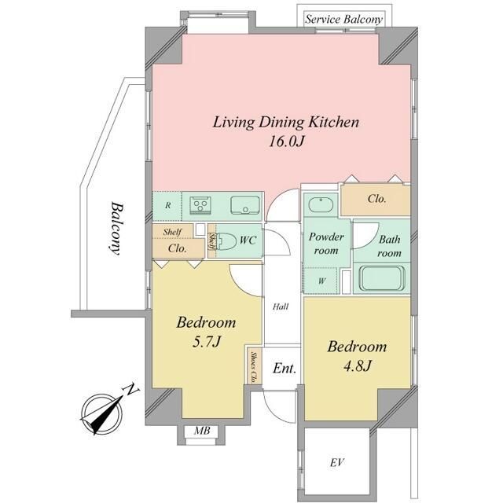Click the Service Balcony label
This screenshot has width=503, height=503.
pyautogui.click(x=343, y=19)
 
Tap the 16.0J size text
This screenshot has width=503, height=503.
pyautogui.click(x=285, y=141)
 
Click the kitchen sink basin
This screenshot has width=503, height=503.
pyautogui.click(x=245, y=205)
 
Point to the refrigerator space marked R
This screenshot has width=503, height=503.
pyautogui.click(x=167, y=206)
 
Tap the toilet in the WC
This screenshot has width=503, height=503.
pyautogui.click(x=226, y=241)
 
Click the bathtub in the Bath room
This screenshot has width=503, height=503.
pyautogui.click(x=382, y=277)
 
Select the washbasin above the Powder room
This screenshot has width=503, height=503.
pyautogui.click(x=321, y=204)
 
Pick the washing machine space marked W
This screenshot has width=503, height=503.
pyautogui.click(x=321, y=281)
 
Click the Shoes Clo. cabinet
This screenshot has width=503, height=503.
pyautogui.click(x=254, y=366)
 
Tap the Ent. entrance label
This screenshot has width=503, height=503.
pyautogui.click(x=285, y=369)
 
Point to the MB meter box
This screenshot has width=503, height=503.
pyautogui.click(x=202, y=431)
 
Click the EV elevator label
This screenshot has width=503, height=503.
pyautogui.click(x=337, y=463)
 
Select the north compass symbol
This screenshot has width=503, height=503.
pyautogui.click(x=103, y=412)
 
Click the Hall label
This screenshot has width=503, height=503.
pyautogui.click(x=281, y=307)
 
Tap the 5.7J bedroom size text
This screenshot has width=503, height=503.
pyautogui.click(x=206, y=342)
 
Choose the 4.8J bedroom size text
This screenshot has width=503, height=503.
pyautogui.click(x=357, y=365)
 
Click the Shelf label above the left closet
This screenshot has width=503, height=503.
pyautogui.click(x=172, y=232)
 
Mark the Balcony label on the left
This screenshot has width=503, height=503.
pyautogui.click(x=115, y=229)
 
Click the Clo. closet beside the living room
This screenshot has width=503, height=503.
pyautogui.click(x=376, y=199)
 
